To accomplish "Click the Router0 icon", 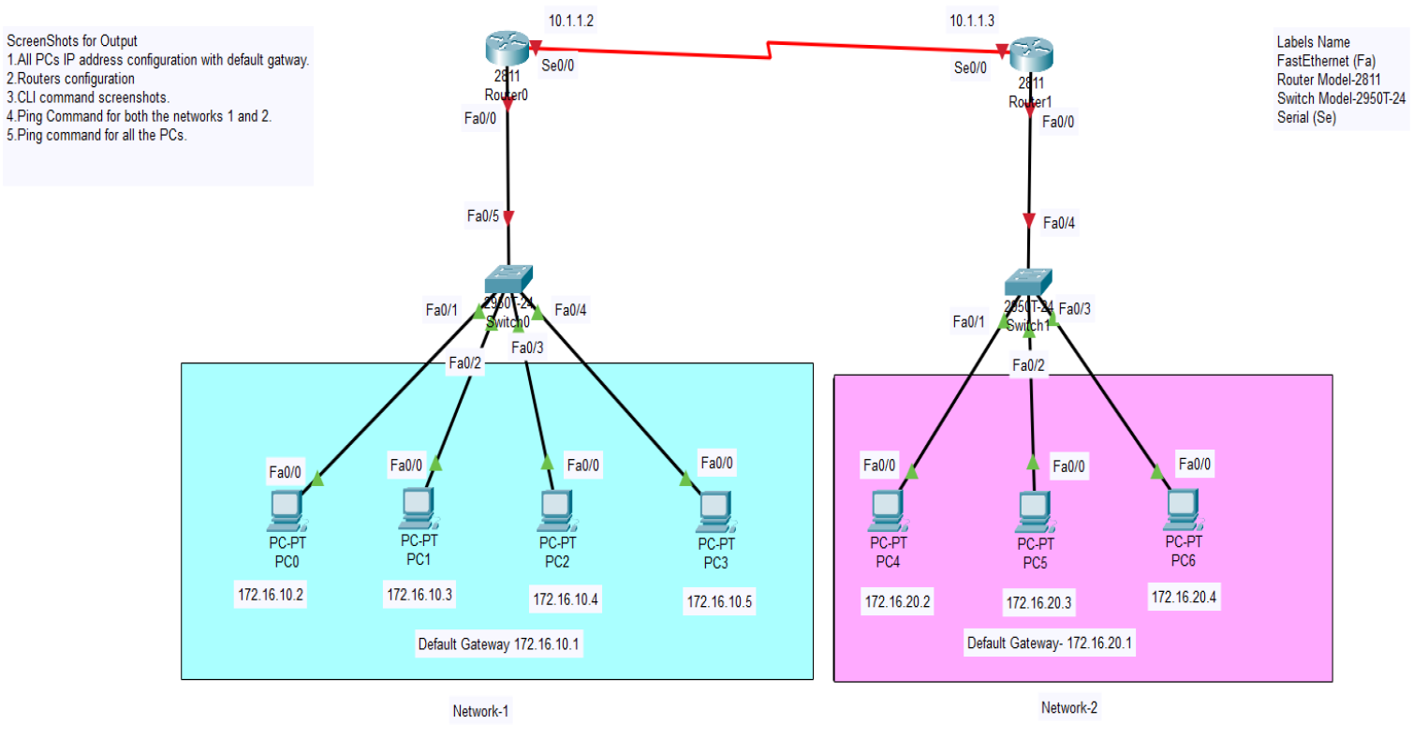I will (508, 50).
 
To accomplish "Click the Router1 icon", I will (1031, 55).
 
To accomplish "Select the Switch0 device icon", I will (508, 279).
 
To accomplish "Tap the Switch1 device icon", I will (1028, 282).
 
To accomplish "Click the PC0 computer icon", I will (286, 511).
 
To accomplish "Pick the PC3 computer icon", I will (715, 511).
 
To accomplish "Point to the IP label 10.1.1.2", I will (571, 21).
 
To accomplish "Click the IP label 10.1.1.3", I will (972, 21).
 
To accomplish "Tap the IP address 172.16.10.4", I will (566, 599).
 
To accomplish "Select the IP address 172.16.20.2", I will (897, 601).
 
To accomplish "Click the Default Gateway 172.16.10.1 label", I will (498, 644).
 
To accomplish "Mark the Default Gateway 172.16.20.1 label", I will (1049, 643).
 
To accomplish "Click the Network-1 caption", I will (480, 711).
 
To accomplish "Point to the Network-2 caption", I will (1068, 708).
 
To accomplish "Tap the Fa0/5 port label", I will (483, 216).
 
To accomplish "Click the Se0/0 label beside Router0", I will (558, 66).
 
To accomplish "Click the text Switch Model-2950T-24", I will (1341, 98).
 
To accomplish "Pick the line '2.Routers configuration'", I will (71, 79).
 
